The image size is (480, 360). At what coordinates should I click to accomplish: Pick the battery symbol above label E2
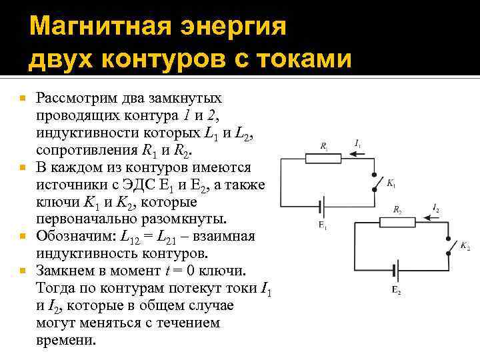(397, 271)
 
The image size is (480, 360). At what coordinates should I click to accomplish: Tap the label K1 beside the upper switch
(391, 184)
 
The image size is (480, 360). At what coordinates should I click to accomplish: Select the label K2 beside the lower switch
(465, 247)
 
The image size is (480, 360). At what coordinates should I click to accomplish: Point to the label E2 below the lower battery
(396, 290)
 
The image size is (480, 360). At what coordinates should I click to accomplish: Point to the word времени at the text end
(66, 339)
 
